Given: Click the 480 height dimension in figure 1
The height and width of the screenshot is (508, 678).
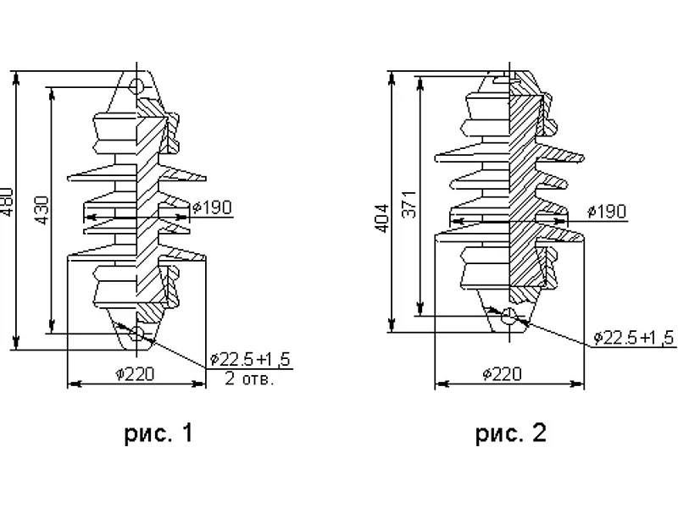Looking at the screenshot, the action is [x=7, y=202].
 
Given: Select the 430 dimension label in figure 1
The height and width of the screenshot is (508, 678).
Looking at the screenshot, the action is [x=42, y=210].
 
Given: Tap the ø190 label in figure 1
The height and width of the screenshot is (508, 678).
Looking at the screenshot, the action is [x=213, y=207].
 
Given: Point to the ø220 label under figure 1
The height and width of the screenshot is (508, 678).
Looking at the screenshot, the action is [x=135, y=373].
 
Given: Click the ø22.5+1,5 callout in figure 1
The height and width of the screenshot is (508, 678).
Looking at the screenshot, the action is [x=250, y=359].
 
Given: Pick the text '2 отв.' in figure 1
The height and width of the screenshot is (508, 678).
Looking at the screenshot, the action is [x=249, y=378].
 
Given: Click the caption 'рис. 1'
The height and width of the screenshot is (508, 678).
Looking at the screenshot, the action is [x=158, y=433].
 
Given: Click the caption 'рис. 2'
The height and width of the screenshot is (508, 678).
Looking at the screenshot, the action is [x=511, y=433].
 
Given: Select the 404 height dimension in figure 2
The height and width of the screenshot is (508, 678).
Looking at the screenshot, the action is [x=383, y=218].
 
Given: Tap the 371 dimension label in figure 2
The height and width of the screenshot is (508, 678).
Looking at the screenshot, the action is [x=409, y=204].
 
